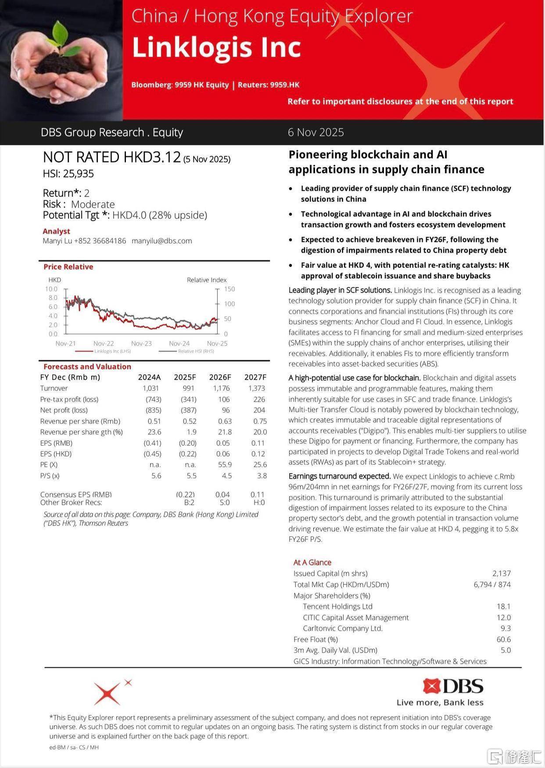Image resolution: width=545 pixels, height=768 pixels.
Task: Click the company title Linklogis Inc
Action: point(216,47)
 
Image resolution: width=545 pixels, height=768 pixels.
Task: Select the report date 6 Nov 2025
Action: point(316,132)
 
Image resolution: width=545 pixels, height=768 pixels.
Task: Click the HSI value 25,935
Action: point(79,174)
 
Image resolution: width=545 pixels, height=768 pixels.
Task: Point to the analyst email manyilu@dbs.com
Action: point(161,241)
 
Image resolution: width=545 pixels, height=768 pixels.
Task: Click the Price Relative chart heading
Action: point(68,267)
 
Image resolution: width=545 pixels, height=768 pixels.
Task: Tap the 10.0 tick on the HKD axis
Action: point(51,289)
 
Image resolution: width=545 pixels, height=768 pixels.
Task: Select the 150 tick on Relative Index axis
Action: point(229,289)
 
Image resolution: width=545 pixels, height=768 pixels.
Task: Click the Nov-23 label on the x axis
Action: point(141,343)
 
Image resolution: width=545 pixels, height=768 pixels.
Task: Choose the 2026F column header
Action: point(220,377)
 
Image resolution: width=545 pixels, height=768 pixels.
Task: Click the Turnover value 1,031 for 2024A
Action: point(151,388)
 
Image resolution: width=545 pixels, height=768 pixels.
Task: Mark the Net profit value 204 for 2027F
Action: point(259,410)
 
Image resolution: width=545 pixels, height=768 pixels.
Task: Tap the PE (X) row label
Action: point(49,464)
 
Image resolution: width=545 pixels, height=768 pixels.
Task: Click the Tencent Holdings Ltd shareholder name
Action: point(337,606)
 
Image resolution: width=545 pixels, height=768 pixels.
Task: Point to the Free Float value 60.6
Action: point(503,639)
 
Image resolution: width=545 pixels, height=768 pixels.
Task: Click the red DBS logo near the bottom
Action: point(453,686)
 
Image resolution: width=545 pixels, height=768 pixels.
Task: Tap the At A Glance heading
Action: point(312,562)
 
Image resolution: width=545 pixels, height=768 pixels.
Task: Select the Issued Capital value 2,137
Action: point(501,573)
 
